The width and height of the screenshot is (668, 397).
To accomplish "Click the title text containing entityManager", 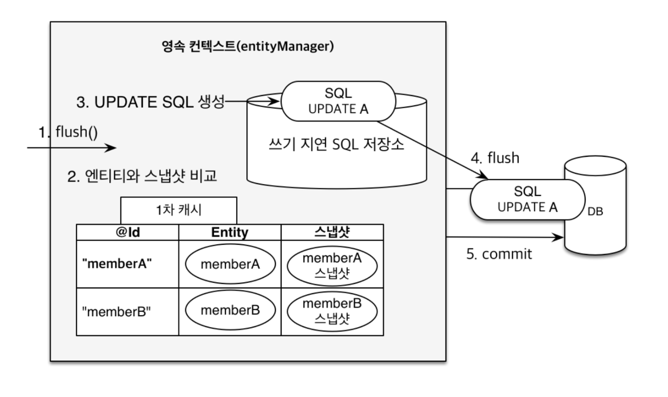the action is [x=248, y=47].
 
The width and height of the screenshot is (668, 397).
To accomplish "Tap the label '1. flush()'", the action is [x=68, y=132].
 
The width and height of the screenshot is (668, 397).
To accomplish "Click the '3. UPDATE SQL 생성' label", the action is [x=150, y=102].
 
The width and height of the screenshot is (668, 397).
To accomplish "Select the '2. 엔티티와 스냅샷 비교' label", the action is [x=142, y=176].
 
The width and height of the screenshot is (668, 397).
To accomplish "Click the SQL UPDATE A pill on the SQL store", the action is [x=338, y=101].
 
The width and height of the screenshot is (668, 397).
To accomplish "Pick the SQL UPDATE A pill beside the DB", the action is [x=527, y=199].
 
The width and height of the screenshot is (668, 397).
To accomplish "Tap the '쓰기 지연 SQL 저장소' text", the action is [x=336, y=144].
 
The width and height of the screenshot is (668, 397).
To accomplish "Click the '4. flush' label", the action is [x=495, y=158].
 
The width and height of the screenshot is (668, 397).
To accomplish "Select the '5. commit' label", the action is [x=499, y=254].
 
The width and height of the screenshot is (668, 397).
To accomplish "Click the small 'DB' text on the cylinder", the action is [x=595, y=211].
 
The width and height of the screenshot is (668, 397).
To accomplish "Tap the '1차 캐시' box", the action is [x=178, y=210].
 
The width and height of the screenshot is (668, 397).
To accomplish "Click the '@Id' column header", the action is [x=128, y=232].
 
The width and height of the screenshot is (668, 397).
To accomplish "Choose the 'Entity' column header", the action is [x=230, y=232].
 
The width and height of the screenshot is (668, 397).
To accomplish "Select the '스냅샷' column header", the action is [x=332, y=232].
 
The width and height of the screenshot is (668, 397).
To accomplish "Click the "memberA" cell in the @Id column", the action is [x=117, y=264].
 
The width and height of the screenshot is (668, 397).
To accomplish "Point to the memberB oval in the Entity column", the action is [x=230, y=310].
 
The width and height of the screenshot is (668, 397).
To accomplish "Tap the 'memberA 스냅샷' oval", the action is [x=332, y=266].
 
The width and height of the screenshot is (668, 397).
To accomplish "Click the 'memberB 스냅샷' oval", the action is [x=332, y=311].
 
